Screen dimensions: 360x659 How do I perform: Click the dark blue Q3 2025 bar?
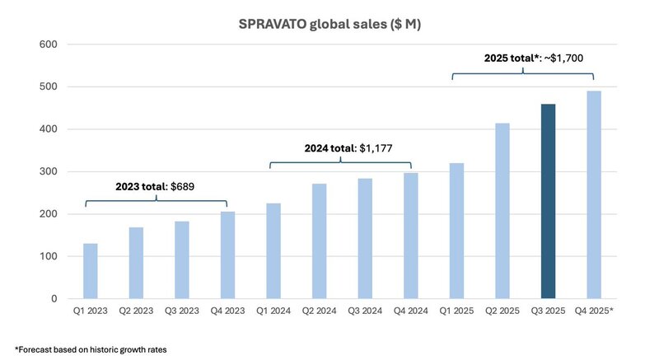(x=548, y=202)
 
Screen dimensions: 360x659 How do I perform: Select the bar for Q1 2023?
(x=91, y=271)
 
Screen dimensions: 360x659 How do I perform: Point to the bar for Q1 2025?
(x=456, y=231)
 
